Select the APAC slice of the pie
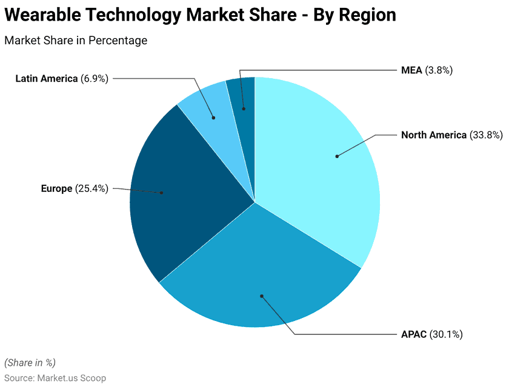(261, 285)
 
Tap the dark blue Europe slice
(176, 194)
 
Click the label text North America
(434, 135)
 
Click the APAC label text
(414, 334)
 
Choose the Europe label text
(56, 188)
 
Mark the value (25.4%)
(91, 188)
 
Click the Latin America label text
(46, 78)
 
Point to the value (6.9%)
(95, 78)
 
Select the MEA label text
(411, 70)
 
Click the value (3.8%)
(439, 70)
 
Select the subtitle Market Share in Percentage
(76, 41)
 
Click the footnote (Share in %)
(30, 362)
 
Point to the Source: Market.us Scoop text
(55, 377)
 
